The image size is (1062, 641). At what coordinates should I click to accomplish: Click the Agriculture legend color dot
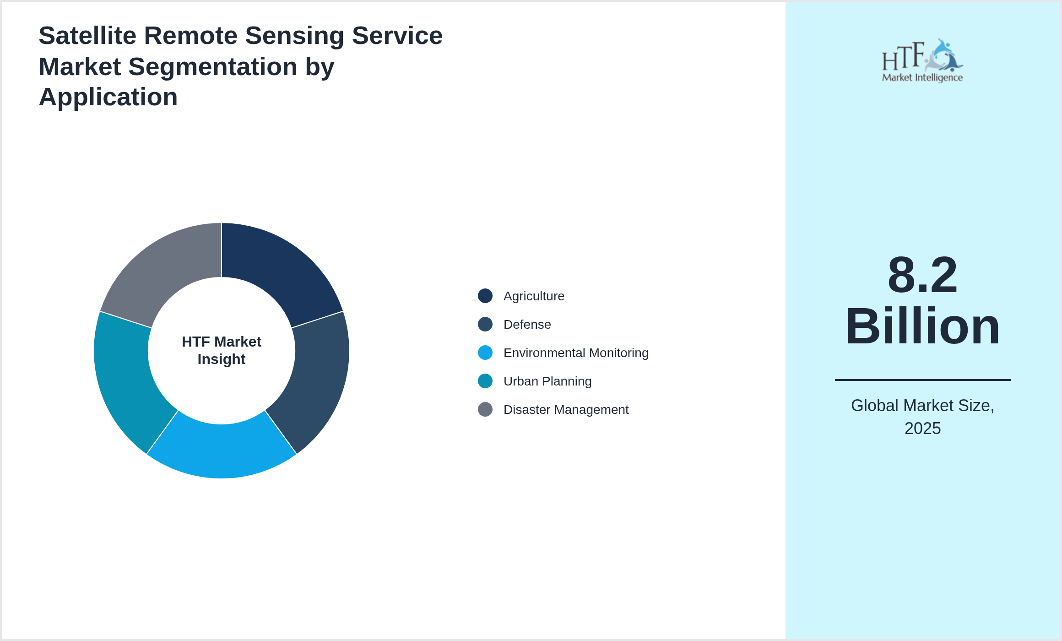485,296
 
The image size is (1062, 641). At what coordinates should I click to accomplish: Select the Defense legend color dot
485,324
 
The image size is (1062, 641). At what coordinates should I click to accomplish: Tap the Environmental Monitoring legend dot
485,353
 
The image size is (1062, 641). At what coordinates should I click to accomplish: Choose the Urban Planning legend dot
485,381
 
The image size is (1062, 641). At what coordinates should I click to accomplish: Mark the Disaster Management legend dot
485,409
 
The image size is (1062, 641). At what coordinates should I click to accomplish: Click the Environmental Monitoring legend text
576,353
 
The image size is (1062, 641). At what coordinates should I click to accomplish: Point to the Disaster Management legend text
566,410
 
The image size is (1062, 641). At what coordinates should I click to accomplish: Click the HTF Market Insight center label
222,350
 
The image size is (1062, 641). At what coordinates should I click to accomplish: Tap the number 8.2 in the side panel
922,275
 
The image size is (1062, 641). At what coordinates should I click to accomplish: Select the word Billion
922,326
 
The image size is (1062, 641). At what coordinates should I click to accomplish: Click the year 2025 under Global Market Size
922,429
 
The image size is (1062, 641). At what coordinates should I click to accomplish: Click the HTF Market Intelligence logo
922,61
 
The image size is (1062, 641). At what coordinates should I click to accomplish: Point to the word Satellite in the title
87,36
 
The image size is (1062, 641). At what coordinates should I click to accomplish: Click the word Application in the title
108,97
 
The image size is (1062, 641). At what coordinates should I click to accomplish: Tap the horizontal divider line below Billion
922,380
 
